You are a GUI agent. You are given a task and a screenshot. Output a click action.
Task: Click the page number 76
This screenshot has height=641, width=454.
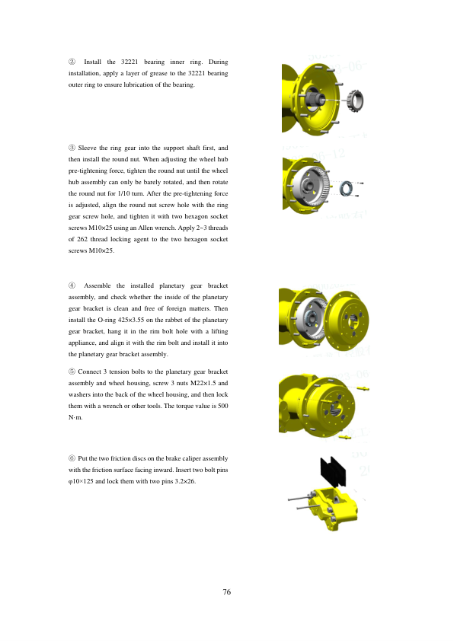(226, 592)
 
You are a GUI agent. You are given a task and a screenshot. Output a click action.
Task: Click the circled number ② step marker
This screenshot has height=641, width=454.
(72, 62)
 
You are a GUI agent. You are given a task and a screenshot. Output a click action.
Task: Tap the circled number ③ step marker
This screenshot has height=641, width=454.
(72, 148)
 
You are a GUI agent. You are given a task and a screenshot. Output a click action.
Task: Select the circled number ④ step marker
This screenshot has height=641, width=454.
(72, 285)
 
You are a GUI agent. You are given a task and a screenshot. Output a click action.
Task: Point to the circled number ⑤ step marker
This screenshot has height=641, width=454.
(72, 372)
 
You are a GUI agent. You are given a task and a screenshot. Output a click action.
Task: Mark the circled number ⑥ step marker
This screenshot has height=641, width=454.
(72, 458)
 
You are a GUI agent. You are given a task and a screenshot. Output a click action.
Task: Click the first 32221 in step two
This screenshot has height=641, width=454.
(129, 62)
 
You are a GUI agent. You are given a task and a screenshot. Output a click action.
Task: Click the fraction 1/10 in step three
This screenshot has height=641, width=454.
(124, 193)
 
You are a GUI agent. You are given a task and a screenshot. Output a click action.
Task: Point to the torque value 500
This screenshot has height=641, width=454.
(223, 406)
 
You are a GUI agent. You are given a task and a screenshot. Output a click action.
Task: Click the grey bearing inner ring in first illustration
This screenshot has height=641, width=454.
(355, 100)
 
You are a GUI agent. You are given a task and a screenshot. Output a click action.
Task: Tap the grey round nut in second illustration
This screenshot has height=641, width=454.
(347, 188)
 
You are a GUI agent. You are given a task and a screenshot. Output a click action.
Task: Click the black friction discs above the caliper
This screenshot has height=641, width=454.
(333, 471)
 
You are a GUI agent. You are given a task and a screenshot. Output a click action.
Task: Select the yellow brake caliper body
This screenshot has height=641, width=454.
(334, 508)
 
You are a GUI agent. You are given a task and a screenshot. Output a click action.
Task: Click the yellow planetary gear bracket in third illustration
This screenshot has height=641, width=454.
(346, 320)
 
